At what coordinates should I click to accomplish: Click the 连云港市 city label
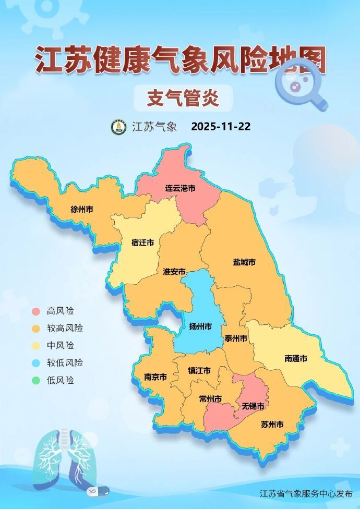click(181, 188)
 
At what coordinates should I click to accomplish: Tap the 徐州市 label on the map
click(82, 209)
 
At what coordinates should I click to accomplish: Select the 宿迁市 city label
click(142, 243)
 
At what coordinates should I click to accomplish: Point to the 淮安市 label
click(174, 272)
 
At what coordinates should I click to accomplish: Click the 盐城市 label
click(244, 262)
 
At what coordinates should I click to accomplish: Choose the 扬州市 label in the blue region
click(200, 326)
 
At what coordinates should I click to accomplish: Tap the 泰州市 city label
click(235, 338)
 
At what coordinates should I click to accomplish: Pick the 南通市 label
click(296, 358)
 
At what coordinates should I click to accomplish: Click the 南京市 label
click(155, 377)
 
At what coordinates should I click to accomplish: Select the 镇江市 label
click(199, 370)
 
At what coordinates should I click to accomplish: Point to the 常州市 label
click(210, 399)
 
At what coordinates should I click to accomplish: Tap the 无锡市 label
click(253, 406)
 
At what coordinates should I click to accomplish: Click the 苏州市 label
click(272, 425)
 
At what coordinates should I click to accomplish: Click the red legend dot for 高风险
click(35, 311)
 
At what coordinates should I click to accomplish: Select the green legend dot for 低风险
click(35, 380)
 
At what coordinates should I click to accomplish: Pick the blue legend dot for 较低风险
click(35, 363)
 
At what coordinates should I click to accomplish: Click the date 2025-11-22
click(221, 127)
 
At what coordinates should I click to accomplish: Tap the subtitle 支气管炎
click(182, 98)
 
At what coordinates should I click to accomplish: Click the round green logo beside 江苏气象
click(118, 127)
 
